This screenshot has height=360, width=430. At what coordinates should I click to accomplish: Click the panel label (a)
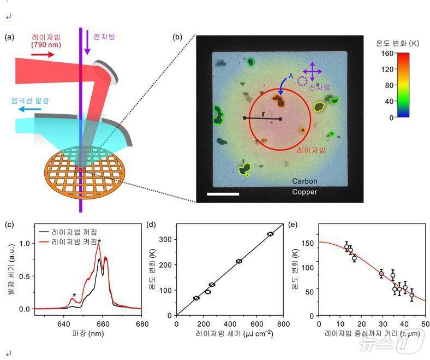[10, 38]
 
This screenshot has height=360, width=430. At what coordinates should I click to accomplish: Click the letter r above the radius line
[264, 114]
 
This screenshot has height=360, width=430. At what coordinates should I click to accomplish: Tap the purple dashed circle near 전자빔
[303, 81]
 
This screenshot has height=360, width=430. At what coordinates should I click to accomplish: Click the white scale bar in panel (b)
[223, 193]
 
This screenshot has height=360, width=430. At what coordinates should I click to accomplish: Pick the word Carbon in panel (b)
[304, 181]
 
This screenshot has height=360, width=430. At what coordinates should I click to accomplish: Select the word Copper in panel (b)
[304, 192]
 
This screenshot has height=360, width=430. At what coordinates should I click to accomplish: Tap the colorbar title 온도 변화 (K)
[397, 43]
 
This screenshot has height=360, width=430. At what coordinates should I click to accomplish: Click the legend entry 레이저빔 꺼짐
[74, 232]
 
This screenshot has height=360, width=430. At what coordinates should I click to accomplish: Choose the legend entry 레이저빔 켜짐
[74, 241]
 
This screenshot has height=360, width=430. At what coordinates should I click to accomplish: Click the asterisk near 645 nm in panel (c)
[74, 296]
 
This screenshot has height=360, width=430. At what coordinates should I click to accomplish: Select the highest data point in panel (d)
[270, 234]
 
